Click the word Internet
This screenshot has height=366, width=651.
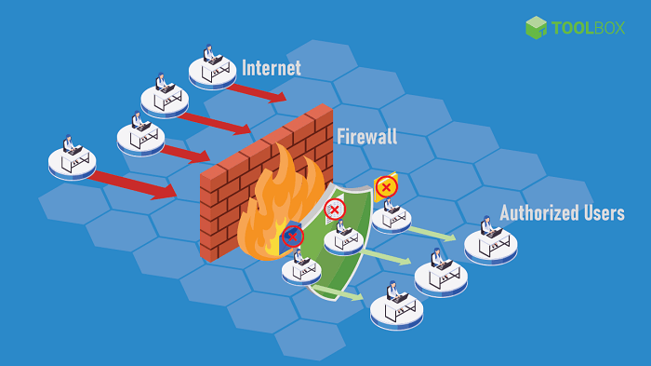pyautogui.click(x=272, y=68)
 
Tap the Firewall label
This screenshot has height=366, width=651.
pyautogui.click(x=366, y=137)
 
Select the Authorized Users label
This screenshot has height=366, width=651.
pyautogui.click(x=562, y=213)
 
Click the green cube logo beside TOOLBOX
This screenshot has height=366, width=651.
pyautogui.click(x=536, y=27)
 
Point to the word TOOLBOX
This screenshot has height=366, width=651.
pyautogui.click(x=590, y=27)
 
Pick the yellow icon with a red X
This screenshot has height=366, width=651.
pyautogui.click(x=386, y=186)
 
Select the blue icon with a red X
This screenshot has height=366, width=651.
pyautogui.click(x=293, y=237)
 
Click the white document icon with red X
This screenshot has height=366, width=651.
pyautogui.click(x=335, y=209)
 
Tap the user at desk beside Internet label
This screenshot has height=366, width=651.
pyautogui.click(x=212, y=65)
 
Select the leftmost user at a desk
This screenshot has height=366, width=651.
pyautogui.click(x=72, y=158)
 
